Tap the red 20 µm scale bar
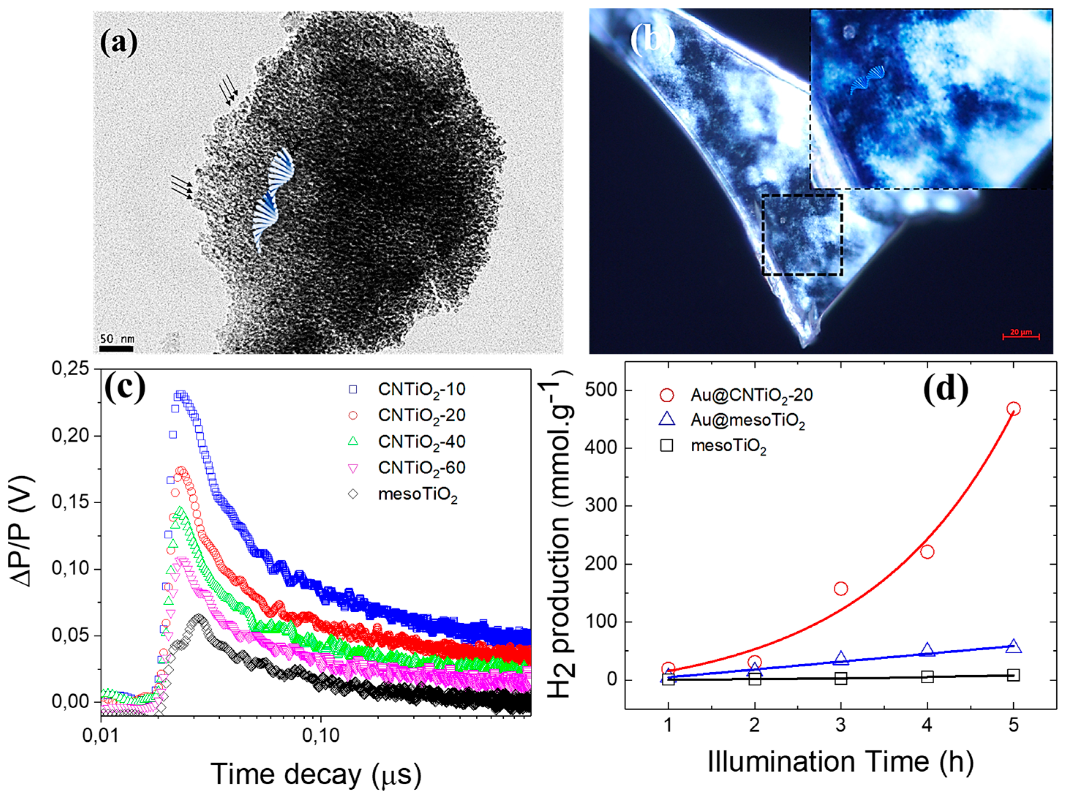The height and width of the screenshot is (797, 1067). [x=1021, y=336]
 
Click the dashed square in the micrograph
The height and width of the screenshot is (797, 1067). [x=802, y=235]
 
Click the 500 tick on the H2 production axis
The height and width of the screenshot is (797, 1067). [x=601, y=390]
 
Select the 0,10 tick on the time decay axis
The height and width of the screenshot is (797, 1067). [x=320, y=735]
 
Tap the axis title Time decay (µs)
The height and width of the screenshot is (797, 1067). [x=316, y=774]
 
